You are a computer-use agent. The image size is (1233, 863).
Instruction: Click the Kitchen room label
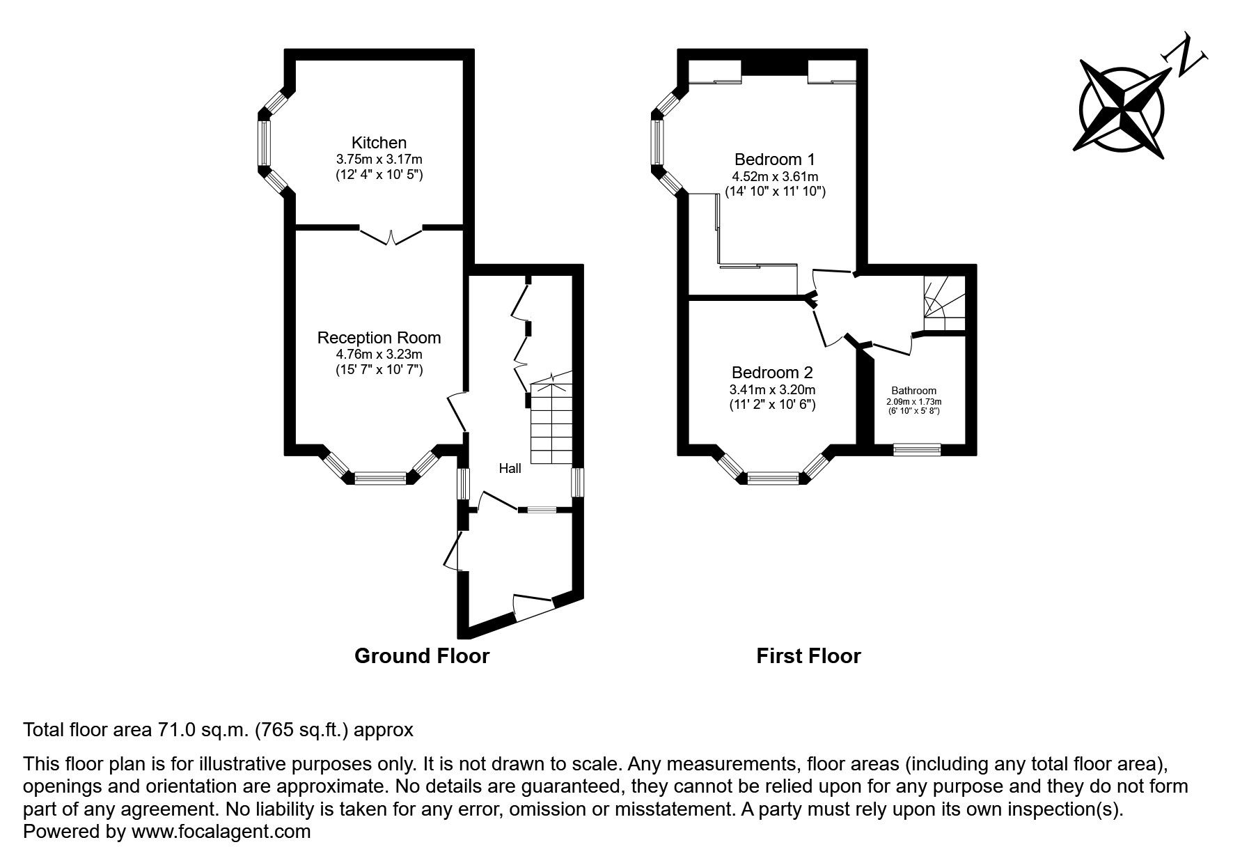[379, 143]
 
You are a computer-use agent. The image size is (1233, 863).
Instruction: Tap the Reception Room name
[379, 338]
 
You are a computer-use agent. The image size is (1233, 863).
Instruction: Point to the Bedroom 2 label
[772, 373]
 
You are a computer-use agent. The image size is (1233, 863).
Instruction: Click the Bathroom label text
[913, 391]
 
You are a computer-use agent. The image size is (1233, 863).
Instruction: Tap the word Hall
[510, 469]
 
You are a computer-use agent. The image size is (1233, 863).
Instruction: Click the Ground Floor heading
[422, 656]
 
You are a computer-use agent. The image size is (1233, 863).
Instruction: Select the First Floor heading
[808, 656]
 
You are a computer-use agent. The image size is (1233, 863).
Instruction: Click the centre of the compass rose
[1122, 109]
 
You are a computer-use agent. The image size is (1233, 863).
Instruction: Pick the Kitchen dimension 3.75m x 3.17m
[379, 160]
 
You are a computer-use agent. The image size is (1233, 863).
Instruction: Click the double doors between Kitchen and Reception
[391, 235]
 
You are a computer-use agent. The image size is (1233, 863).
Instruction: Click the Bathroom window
[917, 450]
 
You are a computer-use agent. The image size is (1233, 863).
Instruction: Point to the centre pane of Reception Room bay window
[380, 478]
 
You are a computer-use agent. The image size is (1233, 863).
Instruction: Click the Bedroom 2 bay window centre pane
[773, 478]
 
